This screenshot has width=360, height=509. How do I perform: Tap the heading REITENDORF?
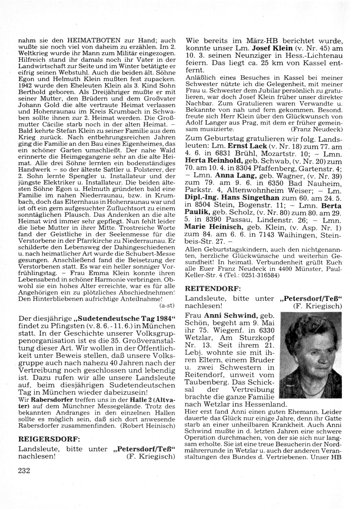[212, 289]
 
